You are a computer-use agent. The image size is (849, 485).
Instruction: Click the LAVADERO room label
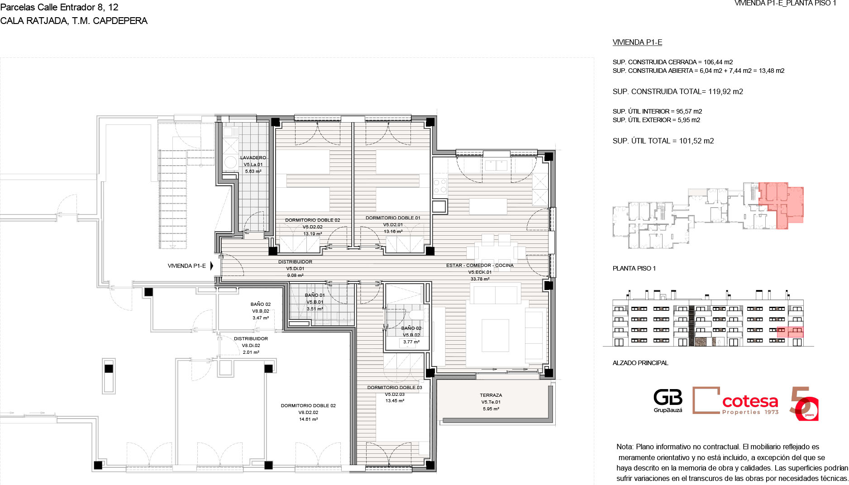point(253,158)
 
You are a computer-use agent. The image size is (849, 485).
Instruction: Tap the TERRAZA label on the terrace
point(491,395)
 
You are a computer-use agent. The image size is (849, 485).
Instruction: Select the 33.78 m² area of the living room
point(480,279)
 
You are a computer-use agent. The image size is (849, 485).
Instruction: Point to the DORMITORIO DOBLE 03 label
point(395,388)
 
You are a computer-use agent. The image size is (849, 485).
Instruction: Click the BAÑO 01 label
point(315,295)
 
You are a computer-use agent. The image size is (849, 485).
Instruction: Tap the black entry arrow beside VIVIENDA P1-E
point(211,266)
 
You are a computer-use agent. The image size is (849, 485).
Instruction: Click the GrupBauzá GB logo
point(668,401)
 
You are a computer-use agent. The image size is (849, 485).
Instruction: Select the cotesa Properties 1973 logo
point(735,400)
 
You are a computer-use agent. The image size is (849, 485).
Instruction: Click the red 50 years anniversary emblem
point(804,404)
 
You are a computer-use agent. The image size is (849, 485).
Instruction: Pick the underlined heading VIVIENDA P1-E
point(637,43)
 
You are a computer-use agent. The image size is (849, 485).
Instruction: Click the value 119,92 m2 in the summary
point(725,92)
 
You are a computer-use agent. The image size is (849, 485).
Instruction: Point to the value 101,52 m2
point(696,141)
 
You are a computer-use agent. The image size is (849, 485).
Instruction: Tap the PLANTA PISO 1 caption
point(634,269)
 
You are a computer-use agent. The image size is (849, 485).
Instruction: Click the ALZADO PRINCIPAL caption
point(640,363)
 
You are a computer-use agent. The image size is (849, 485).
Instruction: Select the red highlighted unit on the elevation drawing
point(790,332)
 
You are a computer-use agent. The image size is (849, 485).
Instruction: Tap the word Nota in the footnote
point(625,447)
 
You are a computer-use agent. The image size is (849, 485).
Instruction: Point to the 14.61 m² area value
point(308,419)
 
